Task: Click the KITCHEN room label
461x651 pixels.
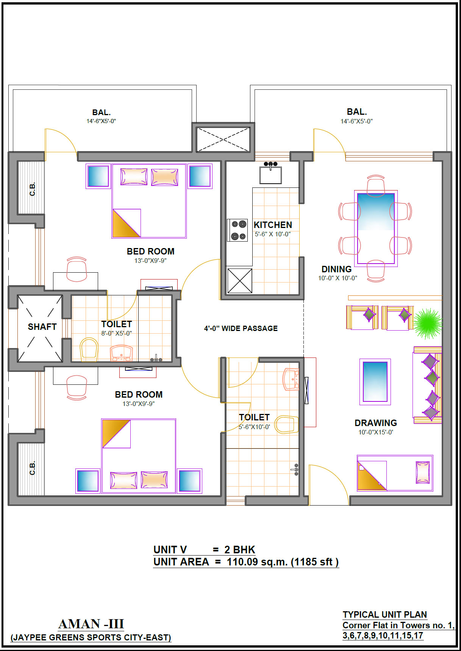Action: coord(273,225)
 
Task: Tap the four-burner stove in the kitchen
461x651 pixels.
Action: coord(238,230)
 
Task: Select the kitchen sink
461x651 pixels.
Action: coord(270,173)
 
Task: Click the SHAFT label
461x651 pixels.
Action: coord(42,326)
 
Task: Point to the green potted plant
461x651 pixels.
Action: coord(428,323)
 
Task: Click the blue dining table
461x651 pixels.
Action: coord(376,228)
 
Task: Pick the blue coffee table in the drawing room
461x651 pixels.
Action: coord(375,382)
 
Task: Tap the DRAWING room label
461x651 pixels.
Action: coord(376,423)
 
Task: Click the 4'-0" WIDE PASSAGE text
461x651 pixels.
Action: coord(241,328)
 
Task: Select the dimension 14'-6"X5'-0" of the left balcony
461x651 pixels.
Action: coord(101,121)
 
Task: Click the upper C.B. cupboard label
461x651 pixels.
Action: coord(32,189)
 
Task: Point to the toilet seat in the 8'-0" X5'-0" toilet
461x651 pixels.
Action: coord(89,349)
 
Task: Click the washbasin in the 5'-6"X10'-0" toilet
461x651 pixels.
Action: coord(291,379)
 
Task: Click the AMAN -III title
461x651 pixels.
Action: coord(91,624)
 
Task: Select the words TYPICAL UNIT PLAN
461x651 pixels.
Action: coord(385,614)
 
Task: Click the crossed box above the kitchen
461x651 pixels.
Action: coord(223,139)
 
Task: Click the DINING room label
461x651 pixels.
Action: coord(336,269)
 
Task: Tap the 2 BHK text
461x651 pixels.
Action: coord(240,550)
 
